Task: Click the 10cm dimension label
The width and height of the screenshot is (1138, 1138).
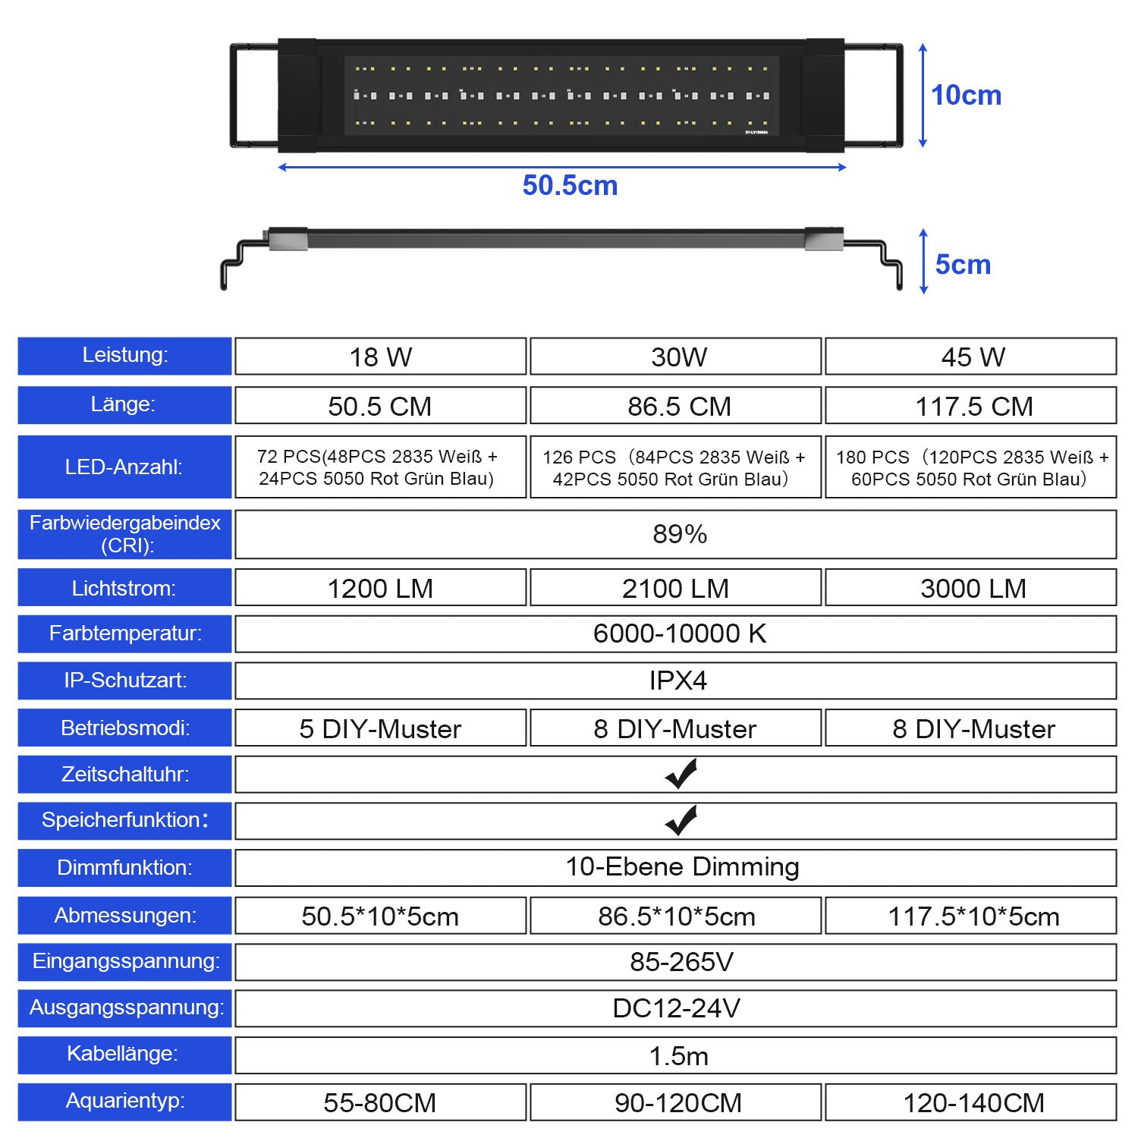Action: click(966, 96)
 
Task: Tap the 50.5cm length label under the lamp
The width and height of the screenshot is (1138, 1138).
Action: click(570, 186)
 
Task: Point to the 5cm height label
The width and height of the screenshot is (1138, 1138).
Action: click(963, 265)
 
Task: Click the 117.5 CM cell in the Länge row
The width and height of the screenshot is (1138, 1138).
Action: click(973, 406)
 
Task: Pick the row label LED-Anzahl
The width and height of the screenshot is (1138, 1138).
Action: click(124, 467)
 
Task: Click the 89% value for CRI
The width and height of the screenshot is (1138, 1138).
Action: click(679, 534)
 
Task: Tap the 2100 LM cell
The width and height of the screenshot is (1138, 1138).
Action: click(675, 588)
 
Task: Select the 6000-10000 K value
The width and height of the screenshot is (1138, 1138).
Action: click(679, 633)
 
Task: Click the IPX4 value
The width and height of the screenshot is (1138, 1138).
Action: click(677, 681)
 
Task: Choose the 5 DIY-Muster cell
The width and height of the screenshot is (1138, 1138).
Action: click(379, 728)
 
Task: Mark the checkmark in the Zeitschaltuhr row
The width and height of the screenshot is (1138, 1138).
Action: click(681, 775)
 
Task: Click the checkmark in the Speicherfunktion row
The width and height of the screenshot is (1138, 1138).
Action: click(681, 821)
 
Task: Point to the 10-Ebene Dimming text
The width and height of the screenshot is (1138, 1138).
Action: click(681, 867)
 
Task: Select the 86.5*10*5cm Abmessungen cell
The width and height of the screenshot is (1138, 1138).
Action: click(676, 916)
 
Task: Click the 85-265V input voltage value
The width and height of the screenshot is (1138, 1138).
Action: click(681, 962)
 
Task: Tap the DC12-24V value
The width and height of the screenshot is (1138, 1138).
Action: click(676, 1008)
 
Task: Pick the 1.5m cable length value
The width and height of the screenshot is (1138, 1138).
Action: click(678, 1055)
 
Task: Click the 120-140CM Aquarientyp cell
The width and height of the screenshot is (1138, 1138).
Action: click(973, 1102)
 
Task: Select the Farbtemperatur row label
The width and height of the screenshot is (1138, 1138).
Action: click(125, 633)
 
